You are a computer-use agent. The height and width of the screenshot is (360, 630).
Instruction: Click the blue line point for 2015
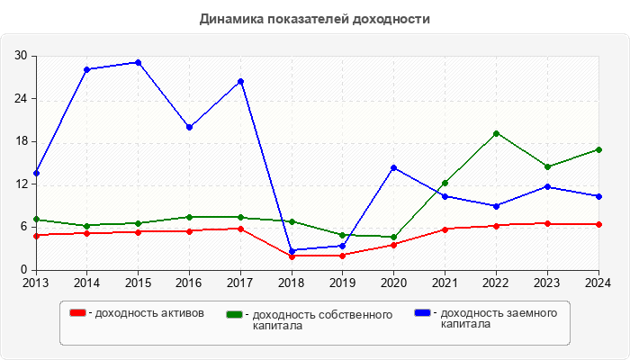click(138, 62)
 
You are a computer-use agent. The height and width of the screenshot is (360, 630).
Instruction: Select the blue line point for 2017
click(240, 82)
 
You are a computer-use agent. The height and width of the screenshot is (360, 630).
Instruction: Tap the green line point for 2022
click(496, 133)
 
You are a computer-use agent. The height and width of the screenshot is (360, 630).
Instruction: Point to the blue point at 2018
click(292, 250)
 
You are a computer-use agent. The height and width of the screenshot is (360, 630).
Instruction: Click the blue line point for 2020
click(393, 167)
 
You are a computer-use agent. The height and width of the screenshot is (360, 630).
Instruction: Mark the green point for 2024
click(598, 149)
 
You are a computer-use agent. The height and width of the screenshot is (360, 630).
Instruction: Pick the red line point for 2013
click(36, 236)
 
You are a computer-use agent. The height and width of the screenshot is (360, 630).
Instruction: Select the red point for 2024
click(598, 224)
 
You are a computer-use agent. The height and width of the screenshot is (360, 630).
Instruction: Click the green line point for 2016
click(189, 217)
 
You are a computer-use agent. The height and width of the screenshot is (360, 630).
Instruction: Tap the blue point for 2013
click(36, 173)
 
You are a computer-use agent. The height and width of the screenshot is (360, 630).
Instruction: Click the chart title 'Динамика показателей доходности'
click(314, 18)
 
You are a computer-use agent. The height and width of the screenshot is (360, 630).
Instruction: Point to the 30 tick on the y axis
click(21, 56)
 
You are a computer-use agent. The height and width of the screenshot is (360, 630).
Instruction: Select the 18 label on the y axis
click(21, 141)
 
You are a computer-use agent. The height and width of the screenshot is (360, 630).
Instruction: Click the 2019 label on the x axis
click(342, 283)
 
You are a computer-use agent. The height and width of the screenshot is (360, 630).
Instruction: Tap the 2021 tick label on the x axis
click(445, 283)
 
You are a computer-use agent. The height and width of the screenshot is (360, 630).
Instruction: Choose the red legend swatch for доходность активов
click(78, 312)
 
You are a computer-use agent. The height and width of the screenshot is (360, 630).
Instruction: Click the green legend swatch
click(235, 314)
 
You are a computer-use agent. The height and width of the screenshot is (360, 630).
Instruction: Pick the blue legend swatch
click(422, 312)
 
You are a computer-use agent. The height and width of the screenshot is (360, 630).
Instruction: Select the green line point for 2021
click(445, 183)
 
